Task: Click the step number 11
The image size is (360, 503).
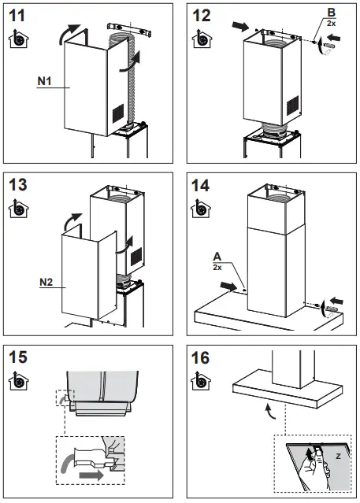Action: pos(17,15)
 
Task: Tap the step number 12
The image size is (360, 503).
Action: pos(202,15)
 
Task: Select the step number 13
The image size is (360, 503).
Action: pos(18,186)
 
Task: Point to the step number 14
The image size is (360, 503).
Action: pos(202,186)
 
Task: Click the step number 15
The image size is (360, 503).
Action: pos(18,357)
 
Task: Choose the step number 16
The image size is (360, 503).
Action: pos(202,357)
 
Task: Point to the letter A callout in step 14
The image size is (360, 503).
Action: pos(217,256)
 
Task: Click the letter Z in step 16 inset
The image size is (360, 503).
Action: pos(337,456)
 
